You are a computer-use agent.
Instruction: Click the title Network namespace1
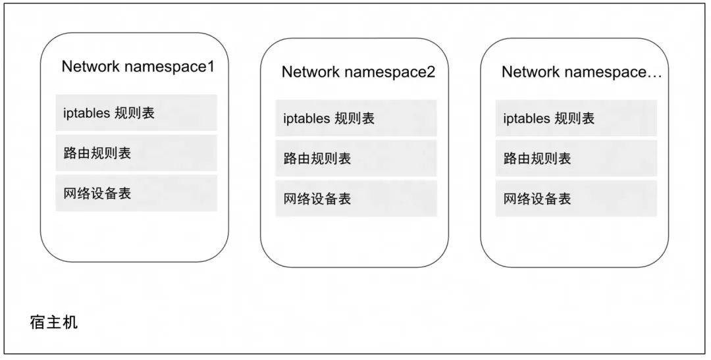(x=138, y=66)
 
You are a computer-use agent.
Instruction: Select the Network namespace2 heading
(x=358, y=72)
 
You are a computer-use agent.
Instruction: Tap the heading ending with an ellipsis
(x=582, y=72)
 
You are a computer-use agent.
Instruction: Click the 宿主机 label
(x=54, y=322)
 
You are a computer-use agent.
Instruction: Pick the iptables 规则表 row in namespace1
(x=136, y=113)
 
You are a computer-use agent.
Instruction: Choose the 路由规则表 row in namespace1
(x=136, y=153)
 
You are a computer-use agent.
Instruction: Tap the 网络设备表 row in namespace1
(x=136, y=193)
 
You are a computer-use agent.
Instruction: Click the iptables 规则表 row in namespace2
(x=356, y=118)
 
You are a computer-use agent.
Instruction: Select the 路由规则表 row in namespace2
(x=356, y=158)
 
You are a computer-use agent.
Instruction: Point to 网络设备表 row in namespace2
(x=356, y=199)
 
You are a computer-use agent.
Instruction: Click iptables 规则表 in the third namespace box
(x=576, y=118)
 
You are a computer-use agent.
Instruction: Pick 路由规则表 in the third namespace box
(x=576, y=158)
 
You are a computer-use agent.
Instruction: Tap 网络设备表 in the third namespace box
(x=576, y=199)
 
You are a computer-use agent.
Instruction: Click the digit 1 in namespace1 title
(x=210, y=66)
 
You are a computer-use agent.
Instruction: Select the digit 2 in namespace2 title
(x=431, y=72)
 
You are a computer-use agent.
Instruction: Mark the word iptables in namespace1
(x=86, y=113)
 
